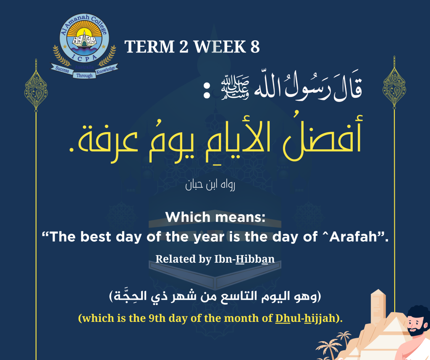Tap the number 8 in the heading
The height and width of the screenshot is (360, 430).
(x=254, y=47)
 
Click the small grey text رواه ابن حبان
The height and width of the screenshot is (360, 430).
(x=210, y=185)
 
